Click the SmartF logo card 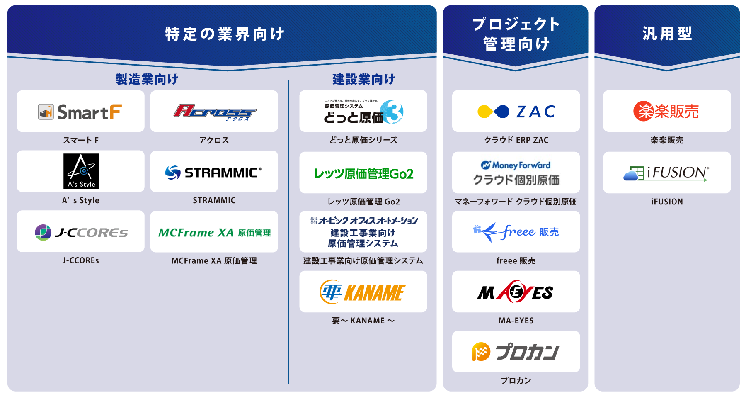click(x=80, y=112)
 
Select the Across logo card click(x=214, y=112)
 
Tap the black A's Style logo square click(x=81, y=171)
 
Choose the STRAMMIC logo click(x=214, y=172)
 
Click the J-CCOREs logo click(x=81, y=232)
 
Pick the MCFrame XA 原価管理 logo click(x=214, y=232)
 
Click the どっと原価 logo click(x=363, y=112)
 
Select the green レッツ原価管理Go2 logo click(x=363, y=173)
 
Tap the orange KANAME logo click(x=363, y=292)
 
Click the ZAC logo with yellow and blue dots click(x=516, y=112)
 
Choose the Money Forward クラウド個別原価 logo click(x=516, y=173)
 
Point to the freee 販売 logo click(x=516, y=232)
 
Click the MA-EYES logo click(x=516, y=292)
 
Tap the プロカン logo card click(x=516, y=352)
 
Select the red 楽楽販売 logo click(x=666, y=112)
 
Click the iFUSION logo click(x=666, y=173)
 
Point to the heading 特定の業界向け click(x=225, y=34)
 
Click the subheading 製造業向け click(x=147, y=79)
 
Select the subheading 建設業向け click(x=363, y=79)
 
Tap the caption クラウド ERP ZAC click(x=516, y=140)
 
